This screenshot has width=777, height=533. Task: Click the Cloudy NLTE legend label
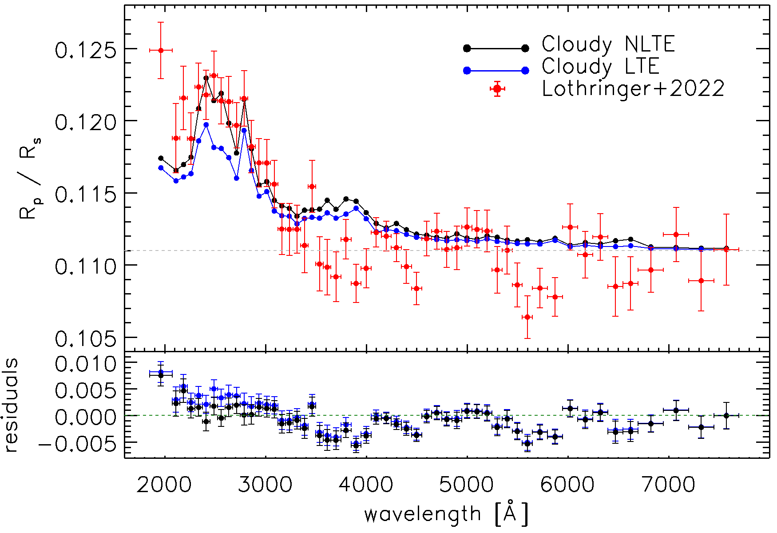[608, 44]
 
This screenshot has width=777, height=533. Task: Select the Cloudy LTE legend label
[600, 67]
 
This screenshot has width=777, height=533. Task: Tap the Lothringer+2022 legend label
[633, 88]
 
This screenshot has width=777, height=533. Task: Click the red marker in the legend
[497, 88]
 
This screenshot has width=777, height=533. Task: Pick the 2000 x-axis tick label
[164, 485]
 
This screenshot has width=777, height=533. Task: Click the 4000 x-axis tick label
[366, 485]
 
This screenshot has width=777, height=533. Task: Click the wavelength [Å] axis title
[446, 514]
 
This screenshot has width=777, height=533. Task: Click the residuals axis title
[11, 405]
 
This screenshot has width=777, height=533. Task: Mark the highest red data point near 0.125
[161, 50]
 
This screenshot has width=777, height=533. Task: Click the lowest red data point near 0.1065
[527, 317]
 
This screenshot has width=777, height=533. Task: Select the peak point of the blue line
[206, 125]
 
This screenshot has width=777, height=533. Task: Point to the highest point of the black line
[206, 78]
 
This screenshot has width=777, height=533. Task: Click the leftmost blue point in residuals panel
[161, 372]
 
